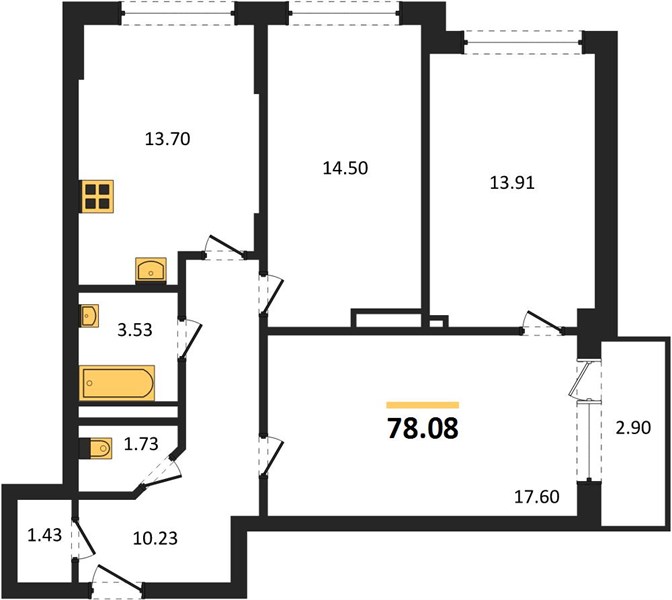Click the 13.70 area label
(168, 139)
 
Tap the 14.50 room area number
(345, 168)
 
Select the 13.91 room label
(512, 183)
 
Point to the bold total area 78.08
(423, 429)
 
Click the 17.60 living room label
(537, 497)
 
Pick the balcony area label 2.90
(633, 428)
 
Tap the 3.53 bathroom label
(135, 330)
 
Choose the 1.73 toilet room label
(141, 444)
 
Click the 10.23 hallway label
(155, 538)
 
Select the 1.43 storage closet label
(45, 535)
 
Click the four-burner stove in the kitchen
(97, 196)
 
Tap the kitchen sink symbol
(151, 270)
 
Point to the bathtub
(117, 383)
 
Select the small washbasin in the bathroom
(89, 316)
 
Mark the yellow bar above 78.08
(423, 405)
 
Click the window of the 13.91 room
(523, 42)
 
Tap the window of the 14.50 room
(345, 13)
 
